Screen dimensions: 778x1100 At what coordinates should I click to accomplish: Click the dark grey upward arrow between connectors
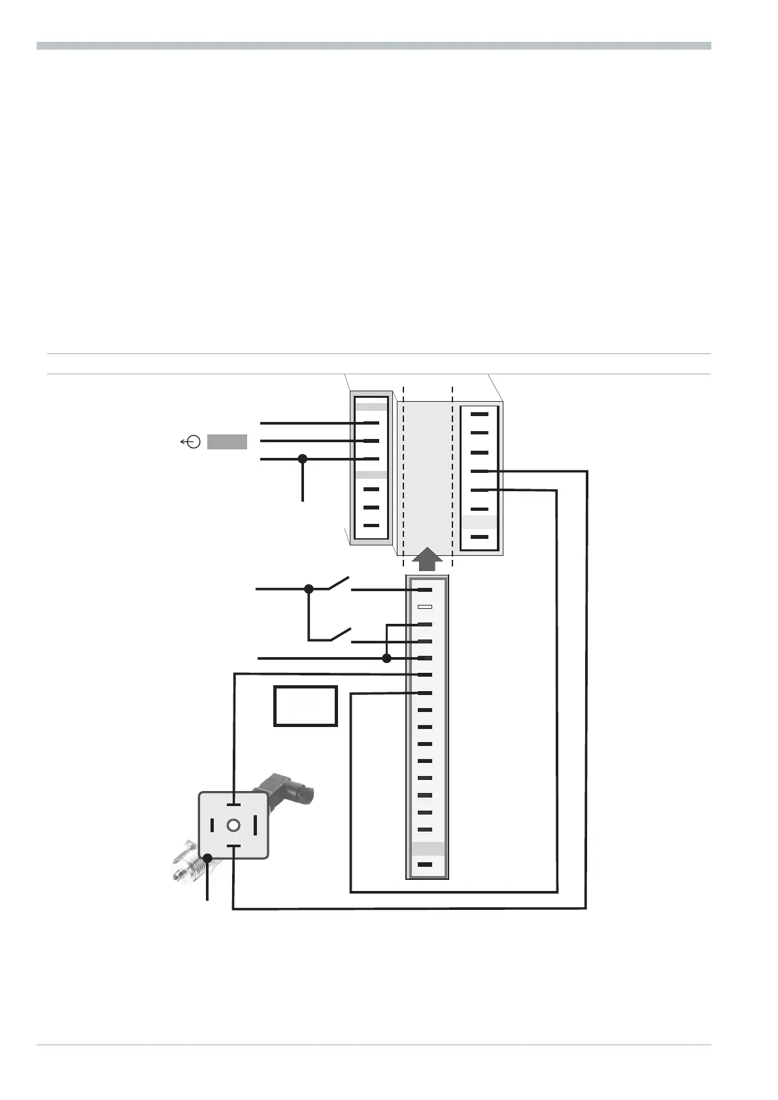point(427,560)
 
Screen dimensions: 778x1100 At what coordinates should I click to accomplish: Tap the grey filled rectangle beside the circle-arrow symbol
point(227,442)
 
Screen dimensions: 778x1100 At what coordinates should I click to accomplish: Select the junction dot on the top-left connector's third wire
point(303,459)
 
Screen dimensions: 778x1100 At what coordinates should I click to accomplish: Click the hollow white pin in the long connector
point(425,607)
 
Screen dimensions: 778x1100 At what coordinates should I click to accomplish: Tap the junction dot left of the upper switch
point(309,589)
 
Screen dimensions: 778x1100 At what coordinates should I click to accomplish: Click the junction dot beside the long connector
point(386,658)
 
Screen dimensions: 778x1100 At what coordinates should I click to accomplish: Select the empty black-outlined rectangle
point(305,705)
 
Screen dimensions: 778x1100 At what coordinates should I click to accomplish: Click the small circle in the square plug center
point(233,826)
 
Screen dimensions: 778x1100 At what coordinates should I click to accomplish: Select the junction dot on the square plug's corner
point(208,858)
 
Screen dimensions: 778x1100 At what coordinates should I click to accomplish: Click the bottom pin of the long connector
point(425,864)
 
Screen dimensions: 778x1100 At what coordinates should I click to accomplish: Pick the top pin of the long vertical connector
point(425,590)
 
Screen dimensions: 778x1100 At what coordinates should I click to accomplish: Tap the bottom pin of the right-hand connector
point(479,537)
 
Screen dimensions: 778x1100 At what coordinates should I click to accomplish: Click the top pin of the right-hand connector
point(479,414)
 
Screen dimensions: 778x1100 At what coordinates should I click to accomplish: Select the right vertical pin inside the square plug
point(255,825)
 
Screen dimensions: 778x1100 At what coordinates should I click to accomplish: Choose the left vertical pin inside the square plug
point(212,825)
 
